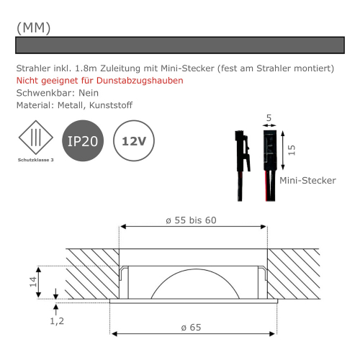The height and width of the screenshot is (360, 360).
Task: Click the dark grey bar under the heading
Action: coord(179,45)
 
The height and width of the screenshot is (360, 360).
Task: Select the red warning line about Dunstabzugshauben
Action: coord(99,81)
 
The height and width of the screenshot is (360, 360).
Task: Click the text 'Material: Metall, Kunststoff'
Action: coord(73,106)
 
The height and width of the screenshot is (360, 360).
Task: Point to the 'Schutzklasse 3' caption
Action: coord(35,160)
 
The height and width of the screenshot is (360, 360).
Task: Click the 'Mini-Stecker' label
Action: coord(307,181)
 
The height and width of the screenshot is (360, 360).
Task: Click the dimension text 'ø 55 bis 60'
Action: coord(191,220)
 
